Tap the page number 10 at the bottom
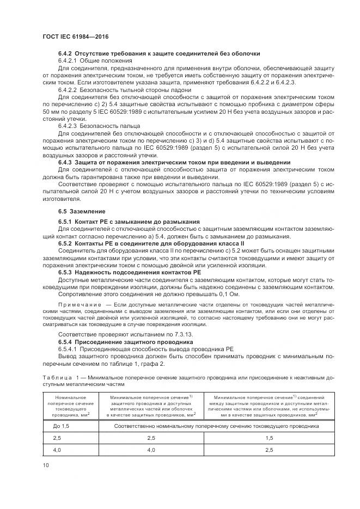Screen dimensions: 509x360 pyautogui.click(x=45, y=464)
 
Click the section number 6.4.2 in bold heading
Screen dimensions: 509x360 pyautogui.click(x=65, y=53)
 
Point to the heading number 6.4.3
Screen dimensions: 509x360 pyautogui.click(x=65, y=162)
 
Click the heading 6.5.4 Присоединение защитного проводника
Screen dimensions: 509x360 pyautogui.click(x=125, y=341)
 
